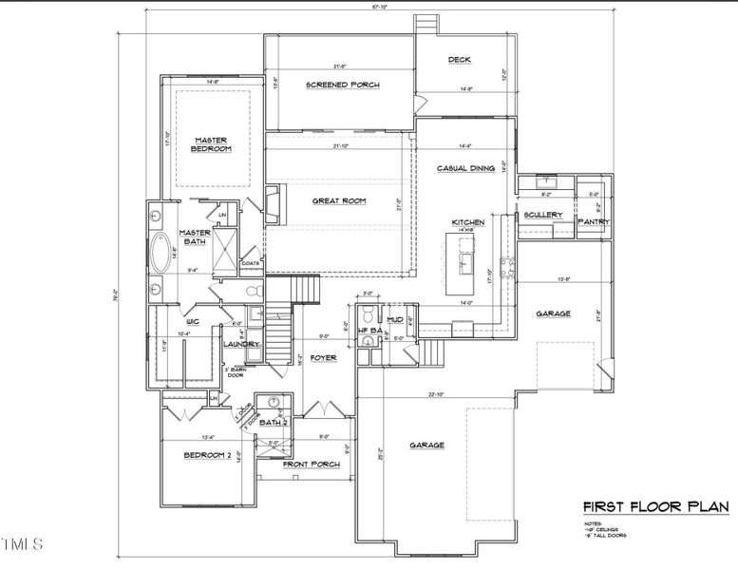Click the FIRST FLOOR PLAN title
(x=654, y=506)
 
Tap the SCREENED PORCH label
(x=342, y=85)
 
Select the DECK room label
(x=459, y=60)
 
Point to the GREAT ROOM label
(x=339, y=200)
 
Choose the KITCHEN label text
(x=468, y=221)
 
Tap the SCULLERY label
(x=543, y=215)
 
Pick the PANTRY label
(x=593, y=221)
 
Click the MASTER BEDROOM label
(x=212, y=142)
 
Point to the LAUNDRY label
(x=241, y=344)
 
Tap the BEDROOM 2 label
(x=206, y=455)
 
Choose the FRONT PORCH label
(x=311, y=464)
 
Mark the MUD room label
(x=395, y=320)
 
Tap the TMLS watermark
(x=23, y=544)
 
